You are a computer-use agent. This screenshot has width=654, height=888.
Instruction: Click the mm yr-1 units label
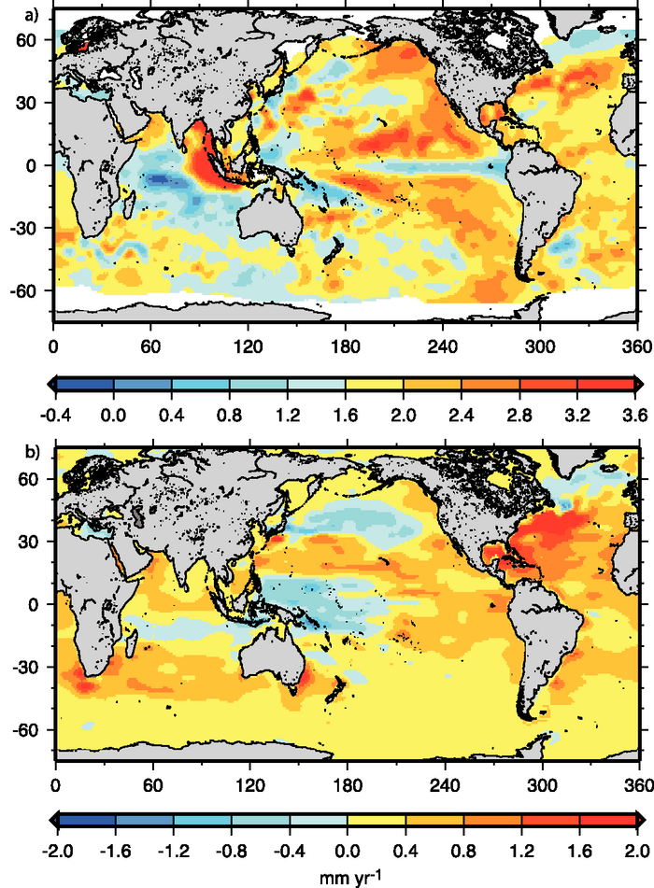click(x=347, y=875)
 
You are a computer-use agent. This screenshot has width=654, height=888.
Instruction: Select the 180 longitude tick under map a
click(x=345, y=343)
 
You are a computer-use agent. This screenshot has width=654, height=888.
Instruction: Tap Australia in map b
click(x=271, y=656)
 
